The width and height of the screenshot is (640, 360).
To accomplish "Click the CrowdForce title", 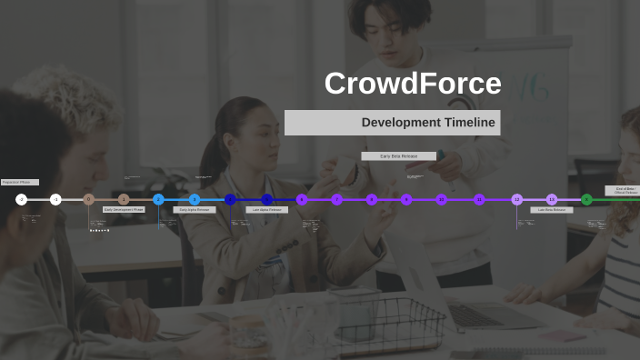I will pyautogui.click(x=413, y=84).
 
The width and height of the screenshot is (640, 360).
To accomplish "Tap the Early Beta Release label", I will pyautogui.click(x=398, y=156).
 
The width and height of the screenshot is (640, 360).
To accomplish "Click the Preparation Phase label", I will pyautogui.click(x=19, y=182).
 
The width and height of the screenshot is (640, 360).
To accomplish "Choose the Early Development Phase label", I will pyautogui.click(x=124, y=209).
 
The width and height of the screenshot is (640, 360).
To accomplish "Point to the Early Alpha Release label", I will pyautogui.click(x=195, y=209).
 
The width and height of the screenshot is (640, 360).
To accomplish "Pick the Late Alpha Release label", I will pyautogui.click(x=266, y=209).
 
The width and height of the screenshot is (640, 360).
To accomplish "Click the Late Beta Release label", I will pyautogui.click(x=552, y=209).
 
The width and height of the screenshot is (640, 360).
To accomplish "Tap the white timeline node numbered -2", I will pyautogui.click(x=22, y=199).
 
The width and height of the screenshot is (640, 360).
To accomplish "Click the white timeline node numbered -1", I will pyautogui.click(x=55, y=199).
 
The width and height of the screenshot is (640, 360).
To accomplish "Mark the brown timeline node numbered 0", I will pyautogui.click(x=89, y=199).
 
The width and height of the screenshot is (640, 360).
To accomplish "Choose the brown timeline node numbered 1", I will pyautogui.click(x=124, y=199).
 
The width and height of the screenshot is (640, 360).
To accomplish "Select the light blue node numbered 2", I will pyautogui.click(x=158, y=199).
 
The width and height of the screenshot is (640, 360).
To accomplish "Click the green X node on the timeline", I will pyautogui.click(x=586, y=199).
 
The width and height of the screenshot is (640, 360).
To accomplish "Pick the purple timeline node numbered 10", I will pyautogui.click(x=441, y=199).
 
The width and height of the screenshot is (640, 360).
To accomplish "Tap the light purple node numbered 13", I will pyautogui.click(x=552, y=199).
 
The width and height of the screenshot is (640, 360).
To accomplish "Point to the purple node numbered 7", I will pyautogui.click(x=336, y=199).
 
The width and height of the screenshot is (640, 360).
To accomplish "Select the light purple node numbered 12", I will pyautogui.click(x=516, y=199).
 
